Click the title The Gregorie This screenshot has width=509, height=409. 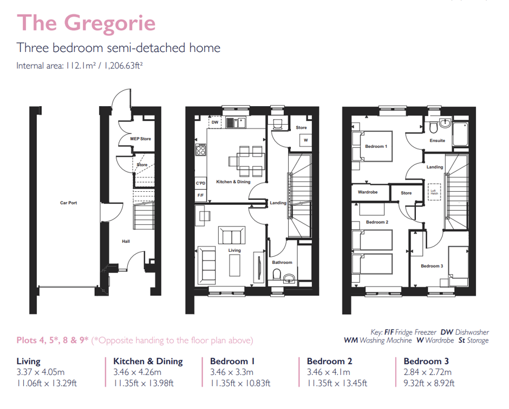click(86, 23)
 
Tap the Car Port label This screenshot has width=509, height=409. click(69, 203)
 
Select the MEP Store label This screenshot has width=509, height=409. click(140, 139)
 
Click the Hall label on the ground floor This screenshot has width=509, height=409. click(126, 241)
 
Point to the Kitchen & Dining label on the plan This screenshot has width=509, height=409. click(233, 181)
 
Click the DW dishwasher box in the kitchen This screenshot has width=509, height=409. click(215, 122)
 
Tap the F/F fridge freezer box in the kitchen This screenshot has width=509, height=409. click(200, 195)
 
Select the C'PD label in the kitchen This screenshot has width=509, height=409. click(200, 184)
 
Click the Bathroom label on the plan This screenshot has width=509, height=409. click(282, 262)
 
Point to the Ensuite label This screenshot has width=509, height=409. click(438, 140)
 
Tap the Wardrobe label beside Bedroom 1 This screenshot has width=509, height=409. click(368, 192)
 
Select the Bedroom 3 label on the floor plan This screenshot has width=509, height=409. click(432, 266)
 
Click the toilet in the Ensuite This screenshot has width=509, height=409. click(434, 127)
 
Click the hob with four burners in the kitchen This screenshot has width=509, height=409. click(201, 149)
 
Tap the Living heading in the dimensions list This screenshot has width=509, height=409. click(29, 361)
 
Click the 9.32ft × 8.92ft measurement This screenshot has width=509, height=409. click(429, 383)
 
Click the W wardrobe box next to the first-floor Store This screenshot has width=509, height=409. click(306, 140)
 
